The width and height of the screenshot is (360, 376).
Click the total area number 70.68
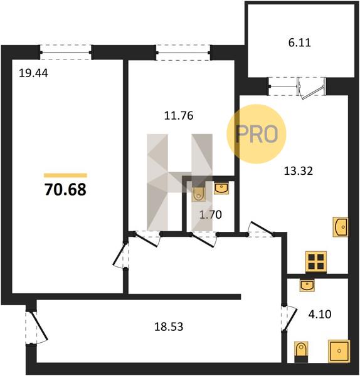pos(65,189)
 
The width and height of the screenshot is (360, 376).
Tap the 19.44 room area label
pos(33,73)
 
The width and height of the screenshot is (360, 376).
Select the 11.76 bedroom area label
pos(179,115)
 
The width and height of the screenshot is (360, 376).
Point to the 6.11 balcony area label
pos(300,43)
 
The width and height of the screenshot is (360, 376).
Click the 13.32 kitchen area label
pos(299,171)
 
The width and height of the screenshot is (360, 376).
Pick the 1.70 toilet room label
pos(211,214)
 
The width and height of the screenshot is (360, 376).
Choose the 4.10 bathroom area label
pos(320,314)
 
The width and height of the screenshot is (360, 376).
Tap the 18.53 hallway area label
pos(169,326)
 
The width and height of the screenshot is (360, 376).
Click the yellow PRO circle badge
pos(257,134)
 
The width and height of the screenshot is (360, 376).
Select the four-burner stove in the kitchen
pos(316,262)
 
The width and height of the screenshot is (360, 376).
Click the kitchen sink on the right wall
pos(340,227)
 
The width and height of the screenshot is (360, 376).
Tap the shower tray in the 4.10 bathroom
pos(339,351)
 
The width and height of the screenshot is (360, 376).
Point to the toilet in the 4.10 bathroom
pos(301,352)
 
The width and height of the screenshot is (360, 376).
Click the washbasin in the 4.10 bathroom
pos(307,285)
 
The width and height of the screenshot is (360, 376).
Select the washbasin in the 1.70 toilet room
pos(221,188)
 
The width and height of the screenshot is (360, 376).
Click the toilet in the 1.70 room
pos(199,194)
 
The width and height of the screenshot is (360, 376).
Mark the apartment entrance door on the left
pos(36,328)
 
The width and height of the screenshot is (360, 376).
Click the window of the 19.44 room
pos(65,52)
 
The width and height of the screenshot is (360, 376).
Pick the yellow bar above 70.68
pos(65,175)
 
